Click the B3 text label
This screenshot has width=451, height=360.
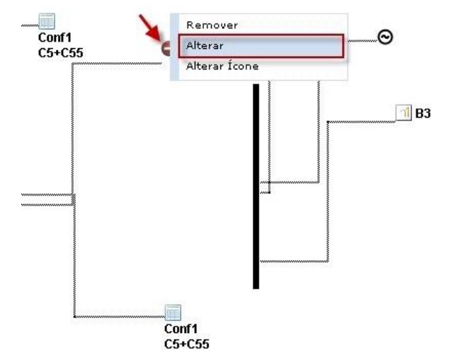tap(423, 112)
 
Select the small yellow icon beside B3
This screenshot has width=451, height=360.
tap(403, 112)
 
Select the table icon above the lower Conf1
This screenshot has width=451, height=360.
tap(173, 313)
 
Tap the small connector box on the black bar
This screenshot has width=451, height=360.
tap(264, 188)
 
